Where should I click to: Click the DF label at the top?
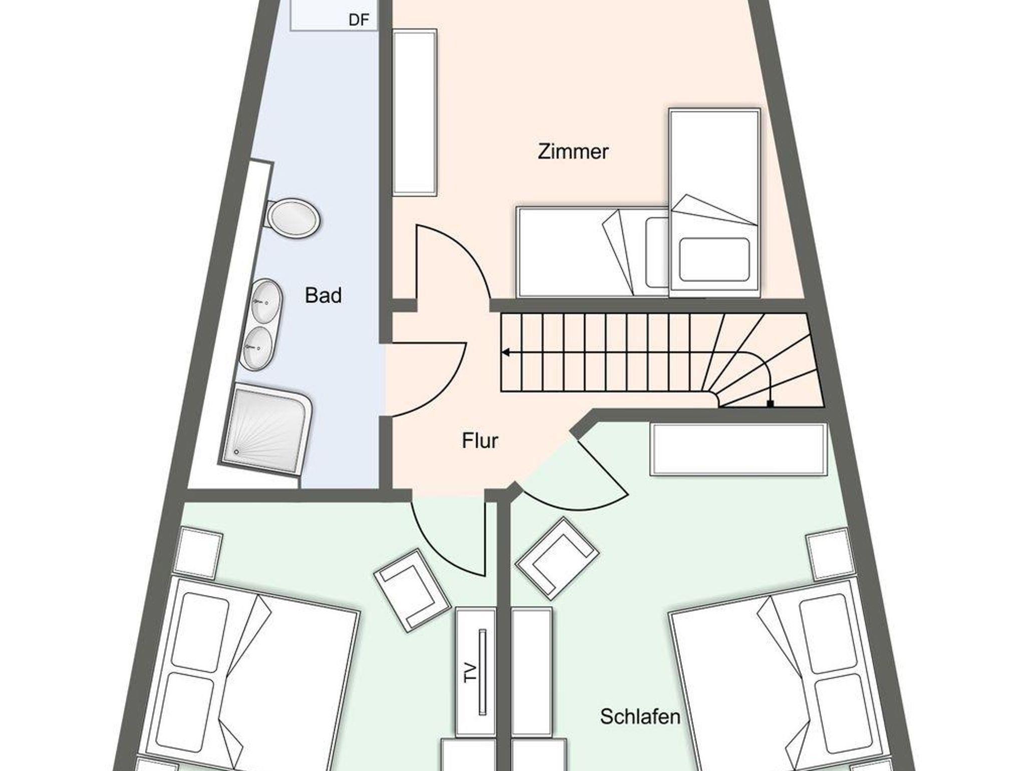pos(359,20)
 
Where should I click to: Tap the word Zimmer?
pos(573,151)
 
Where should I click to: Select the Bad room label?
pos(323,295)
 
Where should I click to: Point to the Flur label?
pos(480,441)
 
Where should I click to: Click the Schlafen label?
pos(640,716)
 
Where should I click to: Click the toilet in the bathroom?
pos(293,219)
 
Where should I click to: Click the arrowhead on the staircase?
pos(506,352)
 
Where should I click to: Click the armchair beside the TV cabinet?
pos(411,591)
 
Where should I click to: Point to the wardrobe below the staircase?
pos(738,449)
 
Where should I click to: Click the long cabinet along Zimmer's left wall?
pos(415,112)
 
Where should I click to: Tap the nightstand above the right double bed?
pos(830,554)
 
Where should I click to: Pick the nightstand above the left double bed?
pos(198,551)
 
